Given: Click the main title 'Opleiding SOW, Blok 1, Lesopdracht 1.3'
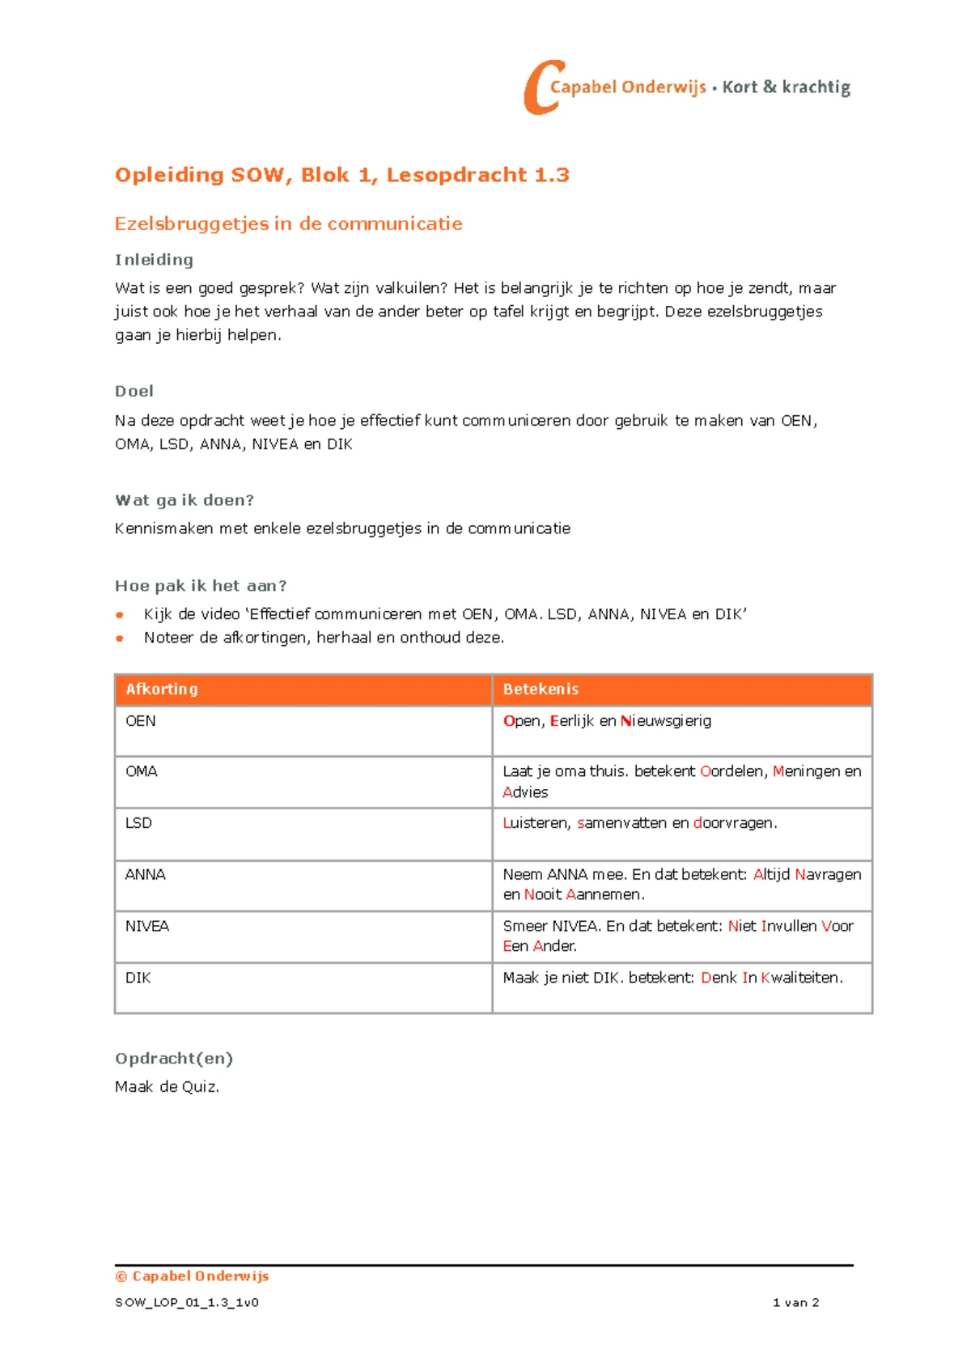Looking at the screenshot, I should (x=341, y=175).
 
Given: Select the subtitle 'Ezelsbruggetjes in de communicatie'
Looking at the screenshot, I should (x=288, y=224).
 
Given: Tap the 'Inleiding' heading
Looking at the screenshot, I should (x=154, y=260).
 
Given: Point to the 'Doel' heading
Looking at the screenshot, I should (x=134, y=391).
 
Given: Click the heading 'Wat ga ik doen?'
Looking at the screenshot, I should (x=184, y=500).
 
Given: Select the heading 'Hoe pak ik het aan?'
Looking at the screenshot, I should (x=201, y=585).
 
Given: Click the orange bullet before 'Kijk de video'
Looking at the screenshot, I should (x=120, y=615).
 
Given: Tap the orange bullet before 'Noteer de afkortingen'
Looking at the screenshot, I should (x=120, y=639).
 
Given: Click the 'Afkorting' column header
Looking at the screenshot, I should (x=162, y=690).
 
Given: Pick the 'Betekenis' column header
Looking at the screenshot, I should (x=541, y=690).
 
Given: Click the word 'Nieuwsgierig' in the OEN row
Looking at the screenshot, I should (x=666, y=721).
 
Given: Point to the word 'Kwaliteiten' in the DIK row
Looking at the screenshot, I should (x=801, y=978).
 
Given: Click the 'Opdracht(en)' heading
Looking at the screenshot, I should (x=174, y=1059).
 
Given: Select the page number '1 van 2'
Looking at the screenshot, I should (x=795, y=1303).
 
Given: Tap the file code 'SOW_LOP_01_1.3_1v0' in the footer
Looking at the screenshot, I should (x=187, y=1303).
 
